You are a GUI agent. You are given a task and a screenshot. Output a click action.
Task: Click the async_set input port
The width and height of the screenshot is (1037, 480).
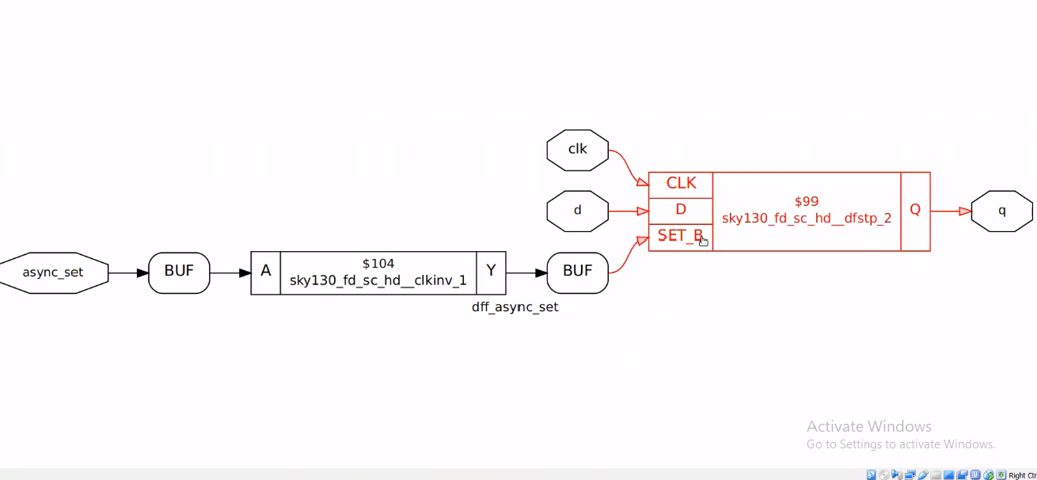pos(53,273)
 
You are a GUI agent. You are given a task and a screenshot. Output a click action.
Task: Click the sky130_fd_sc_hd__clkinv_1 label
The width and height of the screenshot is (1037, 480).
pos(378,281)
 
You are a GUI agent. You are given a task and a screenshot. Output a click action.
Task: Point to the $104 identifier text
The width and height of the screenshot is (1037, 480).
pos(378,264)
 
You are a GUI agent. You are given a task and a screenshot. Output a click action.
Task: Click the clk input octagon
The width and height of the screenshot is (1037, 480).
pos(577,150)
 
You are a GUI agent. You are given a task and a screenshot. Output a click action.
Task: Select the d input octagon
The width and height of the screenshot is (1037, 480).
pos(577,211)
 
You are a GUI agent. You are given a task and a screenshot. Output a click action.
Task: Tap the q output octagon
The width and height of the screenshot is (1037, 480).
pos(1001,211)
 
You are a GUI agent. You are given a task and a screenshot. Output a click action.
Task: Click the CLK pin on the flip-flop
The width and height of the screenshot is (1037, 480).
pos(681,184)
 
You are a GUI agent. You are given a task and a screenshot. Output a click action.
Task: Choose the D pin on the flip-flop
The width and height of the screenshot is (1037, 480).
pos(681,210)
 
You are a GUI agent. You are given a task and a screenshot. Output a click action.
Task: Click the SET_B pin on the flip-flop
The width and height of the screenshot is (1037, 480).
pos(680,236)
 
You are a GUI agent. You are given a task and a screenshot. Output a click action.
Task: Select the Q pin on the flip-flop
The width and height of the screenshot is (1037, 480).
pos(915,210)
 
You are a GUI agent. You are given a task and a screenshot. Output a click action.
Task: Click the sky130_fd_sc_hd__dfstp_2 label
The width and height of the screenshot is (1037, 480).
pos(807,219)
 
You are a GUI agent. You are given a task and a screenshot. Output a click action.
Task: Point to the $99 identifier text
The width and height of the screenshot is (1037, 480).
pos(807,202)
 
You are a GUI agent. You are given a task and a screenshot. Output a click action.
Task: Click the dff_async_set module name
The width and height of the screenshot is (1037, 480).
pos(515,307)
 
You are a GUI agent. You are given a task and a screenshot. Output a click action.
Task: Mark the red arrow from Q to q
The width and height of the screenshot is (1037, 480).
pos(950,211)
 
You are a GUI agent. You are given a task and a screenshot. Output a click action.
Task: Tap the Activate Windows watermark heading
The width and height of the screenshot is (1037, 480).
pos(868,426)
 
